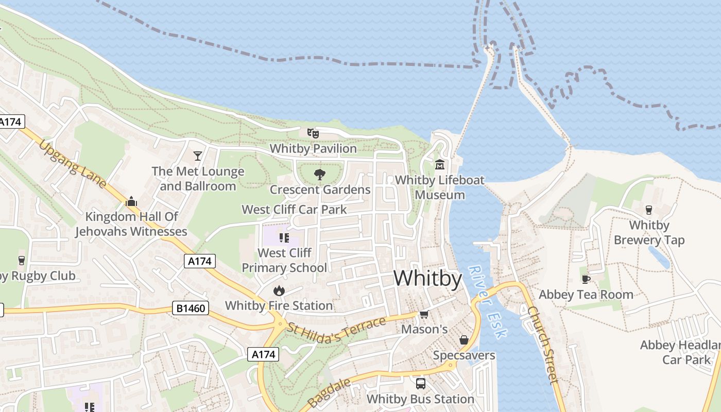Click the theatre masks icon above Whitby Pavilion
[x=313, y=133]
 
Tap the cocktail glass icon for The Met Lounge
[x=197, y=156]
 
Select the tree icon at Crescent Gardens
[x=320, y=174]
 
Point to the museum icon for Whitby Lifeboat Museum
[x=440, y=165]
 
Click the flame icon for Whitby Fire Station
[x=279, y=290]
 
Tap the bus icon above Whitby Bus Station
[x=421, y=384]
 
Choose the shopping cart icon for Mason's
[x=424, y=314]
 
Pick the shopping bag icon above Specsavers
[x=463, y=340]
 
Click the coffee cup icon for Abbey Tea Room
[x=586, y=279]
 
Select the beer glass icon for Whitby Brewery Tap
[x=649, y=210]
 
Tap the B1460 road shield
[x=191, y=309]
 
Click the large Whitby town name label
[x=427, y=279]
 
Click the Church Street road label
[x=543, y=345]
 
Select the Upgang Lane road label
[x=72, y=164]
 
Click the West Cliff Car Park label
[x=294, y=210]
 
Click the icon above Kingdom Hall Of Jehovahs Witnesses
[x=131, y=201]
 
